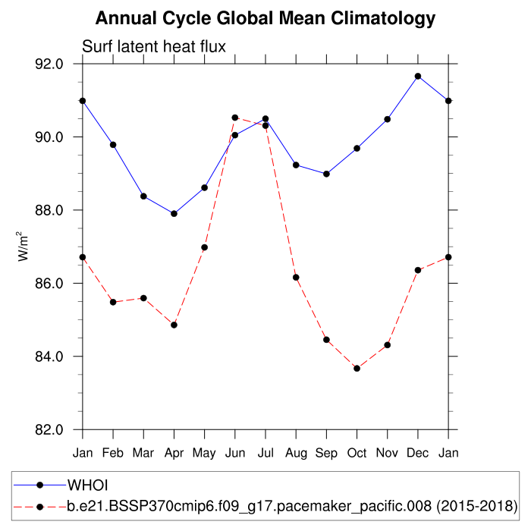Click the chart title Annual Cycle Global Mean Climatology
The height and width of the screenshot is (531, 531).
265,18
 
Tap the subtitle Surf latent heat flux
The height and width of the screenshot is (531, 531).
154,47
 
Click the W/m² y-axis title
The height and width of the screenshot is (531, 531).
24,247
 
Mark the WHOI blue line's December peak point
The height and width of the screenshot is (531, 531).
418,76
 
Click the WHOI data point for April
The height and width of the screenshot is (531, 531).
174,214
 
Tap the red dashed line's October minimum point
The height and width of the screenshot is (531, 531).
357,368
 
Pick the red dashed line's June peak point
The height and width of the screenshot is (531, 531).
235,118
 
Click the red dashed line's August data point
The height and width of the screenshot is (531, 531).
296,278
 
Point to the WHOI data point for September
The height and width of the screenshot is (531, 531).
326,174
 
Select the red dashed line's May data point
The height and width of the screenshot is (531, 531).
205,247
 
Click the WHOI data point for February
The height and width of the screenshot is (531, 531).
113,145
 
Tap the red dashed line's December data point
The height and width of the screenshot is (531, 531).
418,270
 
